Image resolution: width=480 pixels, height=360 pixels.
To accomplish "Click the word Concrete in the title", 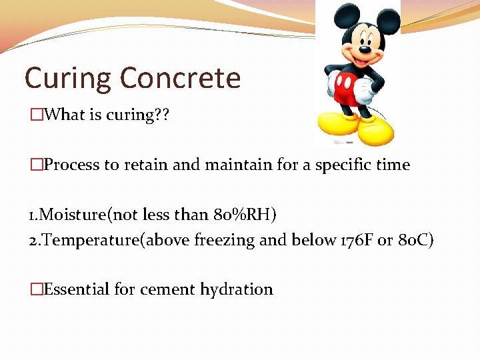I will tap(181, 78).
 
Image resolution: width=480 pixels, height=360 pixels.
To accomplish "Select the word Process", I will tap(71, 165).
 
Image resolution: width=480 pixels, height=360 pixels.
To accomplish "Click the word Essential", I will tap(77, 289).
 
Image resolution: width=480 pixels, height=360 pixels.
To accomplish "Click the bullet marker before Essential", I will tap(37, 289).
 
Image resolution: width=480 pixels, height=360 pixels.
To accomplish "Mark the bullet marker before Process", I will tap(37, 165).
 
